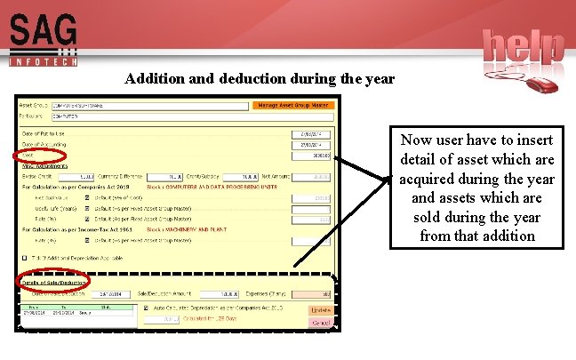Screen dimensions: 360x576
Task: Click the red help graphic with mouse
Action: pyautogui.click(x=524, y=58)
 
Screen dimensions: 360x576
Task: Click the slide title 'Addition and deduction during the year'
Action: pyautogui.click(x=260, y=79)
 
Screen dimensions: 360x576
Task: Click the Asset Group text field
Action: pyautogui.click(x=148, y=105)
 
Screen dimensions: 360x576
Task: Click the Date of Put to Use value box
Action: pyautogui.click(x=312, y=135)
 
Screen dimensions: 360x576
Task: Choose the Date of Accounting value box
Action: pyautogui.click(x=312, y=145)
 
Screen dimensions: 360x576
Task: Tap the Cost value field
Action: pyautogui.click(x=312, y=155)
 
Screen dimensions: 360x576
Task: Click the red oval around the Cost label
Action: pyautogui.click(x=34, y=156)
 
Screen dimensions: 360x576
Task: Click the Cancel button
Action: pyautogui.click(x=319, y=323)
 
